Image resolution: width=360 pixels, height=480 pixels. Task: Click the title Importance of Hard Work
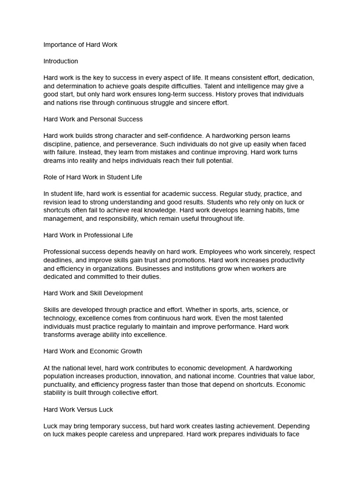[x=80, y=45]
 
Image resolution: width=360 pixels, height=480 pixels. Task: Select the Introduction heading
[x=60, y=61]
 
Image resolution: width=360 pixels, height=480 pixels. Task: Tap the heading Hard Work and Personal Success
[x=93, y=119]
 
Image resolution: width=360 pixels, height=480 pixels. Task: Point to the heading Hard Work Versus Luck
[x=78, y=409]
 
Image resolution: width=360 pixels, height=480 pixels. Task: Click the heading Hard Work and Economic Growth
[x=92, y=351]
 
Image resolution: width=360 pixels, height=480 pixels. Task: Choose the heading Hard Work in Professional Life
[x=88, y=235]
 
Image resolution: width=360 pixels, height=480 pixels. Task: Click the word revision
[x=56, y=202]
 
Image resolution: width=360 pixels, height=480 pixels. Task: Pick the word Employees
[x=194, y=252]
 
